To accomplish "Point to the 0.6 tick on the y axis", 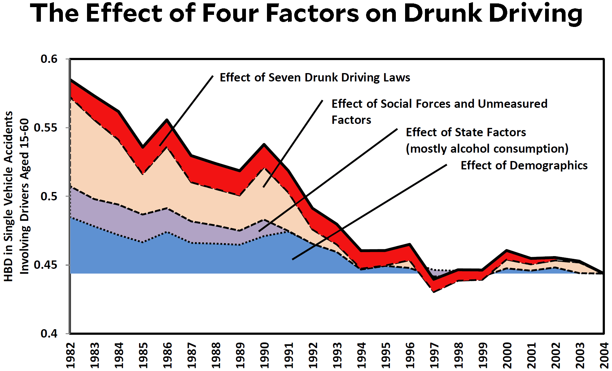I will tap(49, 59).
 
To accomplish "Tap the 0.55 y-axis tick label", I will tap(46, 128).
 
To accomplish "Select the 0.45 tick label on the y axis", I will tap(46, 265).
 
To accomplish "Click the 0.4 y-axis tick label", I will tap(49, 334).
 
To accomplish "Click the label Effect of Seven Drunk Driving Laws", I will tap(315, 77).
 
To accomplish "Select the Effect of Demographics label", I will tap(524, 165).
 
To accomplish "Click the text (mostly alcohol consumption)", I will tap(487, 149).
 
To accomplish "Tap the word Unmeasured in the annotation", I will tap(513, 104).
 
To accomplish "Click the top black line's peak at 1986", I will tap(167, 120).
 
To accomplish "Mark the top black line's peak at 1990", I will tap(264, 144).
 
